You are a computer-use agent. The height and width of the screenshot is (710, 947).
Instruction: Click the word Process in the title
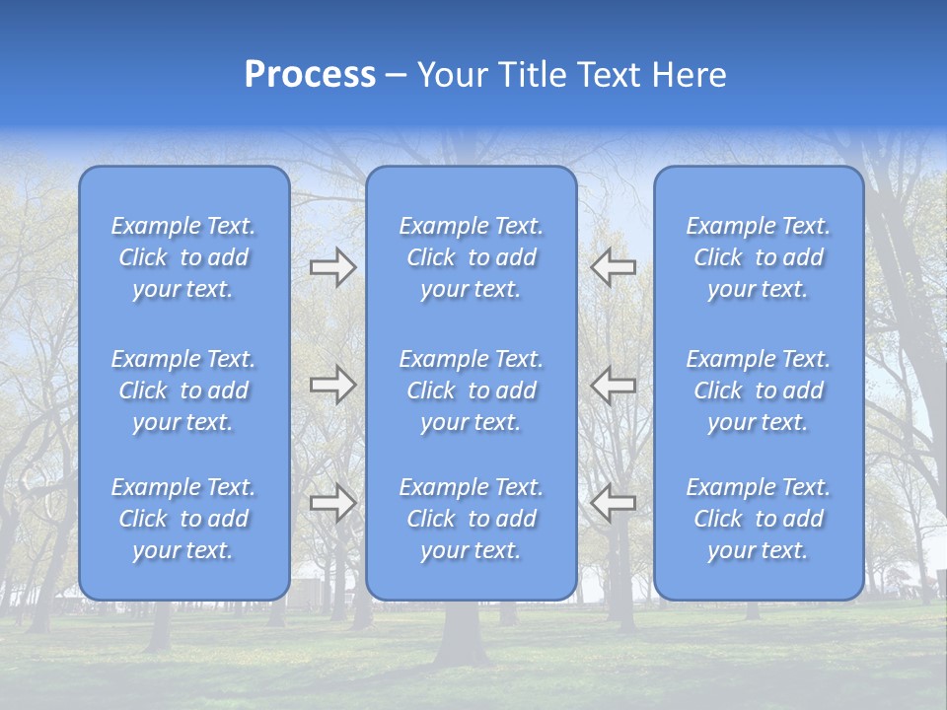[310, 75]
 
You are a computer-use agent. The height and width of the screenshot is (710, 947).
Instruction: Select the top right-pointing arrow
[332, 266]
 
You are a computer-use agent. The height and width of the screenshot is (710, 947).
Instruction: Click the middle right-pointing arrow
[332, 385]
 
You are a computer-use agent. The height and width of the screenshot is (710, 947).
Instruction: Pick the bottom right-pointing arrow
[332, 503]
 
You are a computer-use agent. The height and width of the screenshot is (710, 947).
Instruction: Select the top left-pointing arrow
[614, 266]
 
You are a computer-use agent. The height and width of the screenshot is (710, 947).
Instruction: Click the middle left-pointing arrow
[614, 385]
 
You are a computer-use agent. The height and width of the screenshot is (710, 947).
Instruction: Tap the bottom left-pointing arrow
[614, 503]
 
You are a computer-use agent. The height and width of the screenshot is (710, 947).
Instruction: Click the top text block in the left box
[183, 257]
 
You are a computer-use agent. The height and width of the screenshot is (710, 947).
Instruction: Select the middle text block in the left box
[183, 390]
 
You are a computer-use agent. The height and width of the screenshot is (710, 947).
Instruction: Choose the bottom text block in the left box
[183, 519]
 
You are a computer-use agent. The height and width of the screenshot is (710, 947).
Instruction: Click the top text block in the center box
[471, 257]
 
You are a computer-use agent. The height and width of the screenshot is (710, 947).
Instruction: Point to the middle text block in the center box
[471, 390]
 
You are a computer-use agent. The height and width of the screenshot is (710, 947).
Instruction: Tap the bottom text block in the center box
[471, 519]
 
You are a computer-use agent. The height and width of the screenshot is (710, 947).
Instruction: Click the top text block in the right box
[759, 257]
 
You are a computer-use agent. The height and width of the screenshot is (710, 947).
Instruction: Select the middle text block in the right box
[759, 390]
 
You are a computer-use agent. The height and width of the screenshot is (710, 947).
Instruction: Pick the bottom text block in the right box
[759, 519]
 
